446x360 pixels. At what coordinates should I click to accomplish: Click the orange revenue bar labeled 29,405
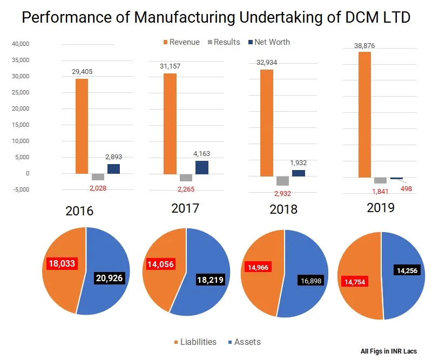pos(82,126)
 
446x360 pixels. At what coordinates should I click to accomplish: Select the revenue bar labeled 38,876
pos(365,114)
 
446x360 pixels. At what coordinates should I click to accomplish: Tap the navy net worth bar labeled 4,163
pos(202,167)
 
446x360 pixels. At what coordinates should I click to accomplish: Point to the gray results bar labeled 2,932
pos(282,181)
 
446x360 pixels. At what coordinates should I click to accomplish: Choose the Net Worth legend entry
pos(268,42)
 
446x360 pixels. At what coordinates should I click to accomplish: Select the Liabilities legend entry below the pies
pos(194,342)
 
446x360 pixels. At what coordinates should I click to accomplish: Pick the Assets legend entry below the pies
pos(242,342)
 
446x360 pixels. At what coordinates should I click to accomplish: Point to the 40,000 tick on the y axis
pos(21,44)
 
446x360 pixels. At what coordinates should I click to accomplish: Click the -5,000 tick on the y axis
pos(21,189)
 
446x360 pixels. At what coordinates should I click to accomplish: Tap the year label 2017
pos(185,208)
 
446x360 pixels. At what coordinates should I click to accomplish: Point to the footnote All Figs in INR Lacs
pos(389,351)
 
